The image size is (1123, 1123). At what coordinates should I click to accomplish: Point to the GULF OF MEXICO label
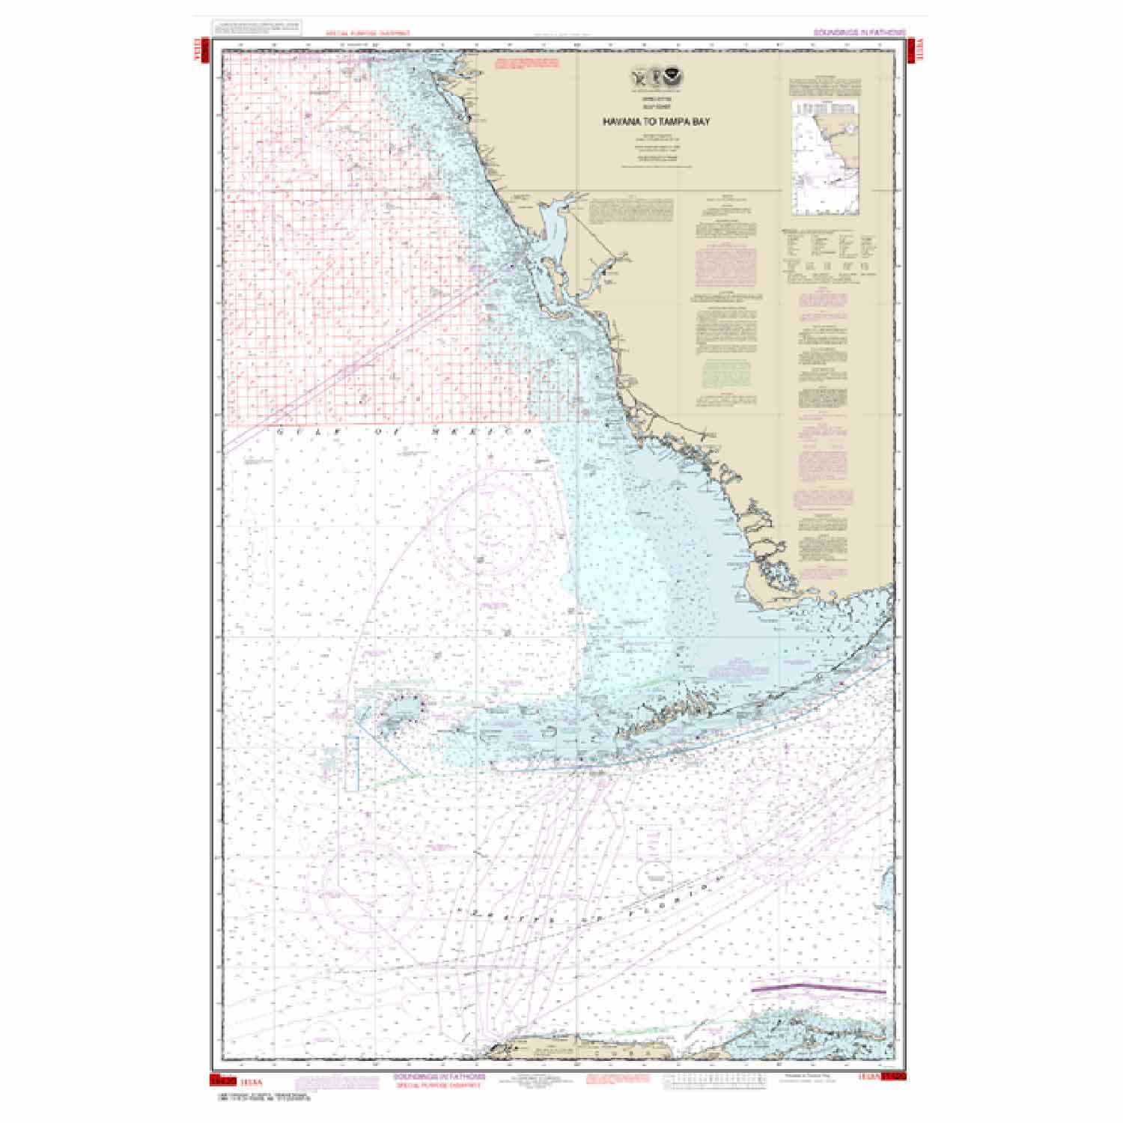(404, 433)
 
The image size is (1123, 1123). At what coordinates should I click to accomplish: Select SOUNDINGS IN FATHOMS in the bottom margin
(438, 1076)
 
